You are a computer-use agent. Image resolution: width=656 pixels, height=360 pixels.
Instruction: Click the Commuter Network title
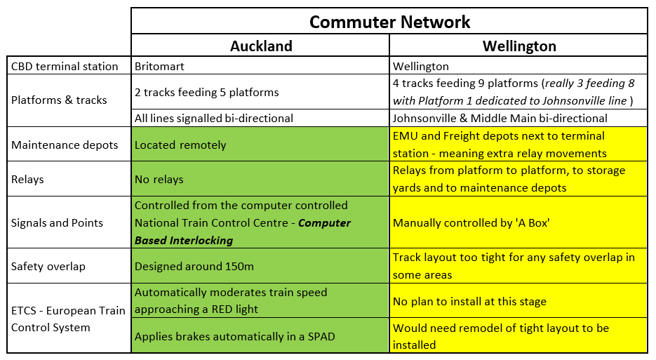click(x=389, y=22)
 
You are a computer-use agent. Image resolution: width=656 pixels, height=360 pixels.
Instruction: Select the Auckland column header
click(x=261, y=46)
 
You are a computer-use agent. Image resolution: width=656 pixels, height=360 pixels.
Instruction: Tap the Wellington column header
click(x=519, y=46)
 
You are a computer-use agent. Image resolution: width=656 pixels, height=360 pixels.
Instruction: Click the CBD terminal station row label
click(x=65, y=67)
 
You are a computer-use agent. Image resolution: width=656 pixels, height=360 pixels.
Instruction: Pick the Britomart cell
click(x=159, y=67)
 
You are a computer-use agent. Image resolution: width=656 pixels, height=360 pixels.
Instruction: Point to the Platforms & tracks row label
click(x=59, y=100)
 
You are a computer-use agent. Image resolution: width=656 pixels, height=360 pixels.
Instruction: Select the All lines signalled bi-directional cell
click(x=213, y=118)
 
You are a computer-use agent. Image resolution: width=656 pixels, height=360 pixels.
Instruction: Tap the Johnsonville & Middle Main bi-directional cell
click(x=500, y=118)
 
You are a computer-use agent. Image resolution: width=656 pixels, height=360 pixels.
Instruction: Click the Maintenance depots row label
click(x=65, y=145)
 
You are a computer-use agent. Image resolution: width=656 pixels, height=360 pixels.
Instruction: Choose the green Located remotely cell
click(x=180, y=145)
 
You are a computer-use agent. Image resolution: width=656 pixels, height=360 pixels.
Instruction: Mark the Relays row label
click(x=27, y=179)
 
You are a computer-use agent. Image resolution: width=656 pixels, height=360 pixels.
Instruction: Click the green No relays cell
click(x=159, y=179)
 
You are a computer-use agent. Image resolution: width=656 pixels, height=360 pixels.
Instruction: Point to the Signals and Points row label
click(x=58, y=222)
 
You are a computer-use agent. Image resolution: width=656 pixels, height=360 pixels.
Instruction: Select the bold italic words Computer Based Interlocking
click(x=242, y=232)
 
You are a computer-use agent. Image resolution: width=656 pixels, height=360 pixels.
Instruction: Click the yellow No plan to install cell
click(x=469, y=301)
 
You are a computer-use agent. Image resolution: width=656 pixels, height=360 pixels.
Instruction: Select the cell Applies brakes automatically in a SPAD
click(x=234, y=336)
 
